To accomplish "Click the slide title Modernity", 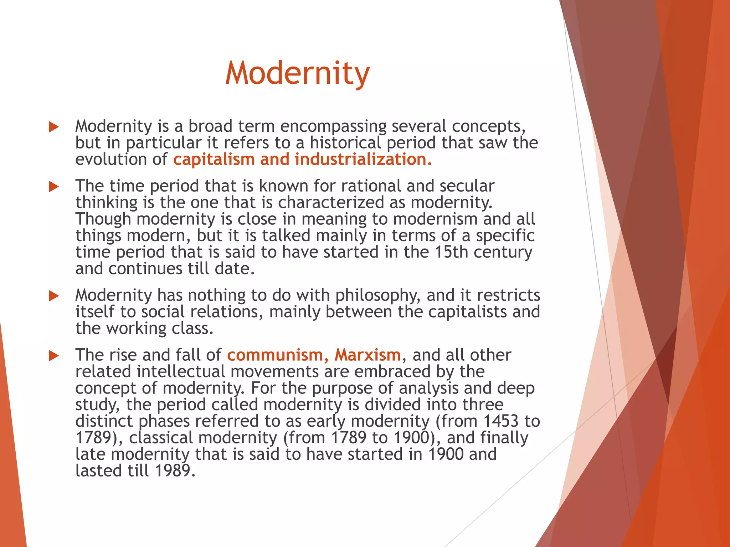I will [298, 73].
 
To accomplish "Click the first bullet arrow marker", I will [53, 127].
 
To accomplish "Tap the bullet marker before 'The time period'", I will [53, 186].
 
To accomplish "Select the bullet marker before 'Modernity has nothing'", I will [53, 296].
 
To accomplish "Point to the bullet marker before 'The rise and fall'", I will [53, 355].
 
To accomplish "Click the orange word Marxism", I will [367, 355].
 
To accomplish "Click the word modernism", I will [435, 219].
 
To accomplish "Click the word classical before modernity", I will [161, 438].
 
